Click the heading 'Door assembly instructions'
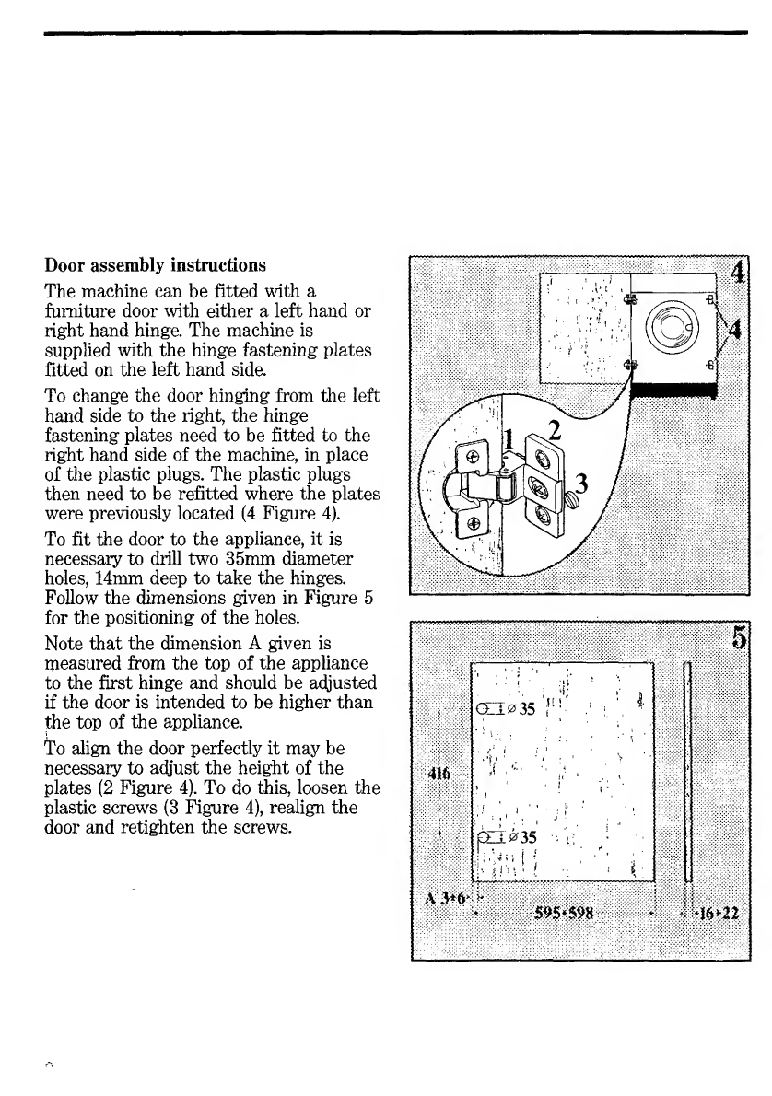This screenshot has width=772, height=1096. (156, 265)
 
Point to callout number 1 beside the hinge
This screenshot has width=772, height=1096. (509, 439)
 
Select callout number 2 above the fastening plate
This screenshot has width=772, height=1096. (555, 430)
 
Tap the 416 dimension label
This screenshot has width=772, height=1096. (439, 773)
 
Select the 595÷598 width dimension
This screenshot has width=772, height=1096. (564, 912)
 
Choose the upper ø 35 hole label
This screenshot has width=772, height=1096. (521, 709)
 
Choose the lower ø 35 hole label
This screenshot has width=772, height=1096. (522, 836)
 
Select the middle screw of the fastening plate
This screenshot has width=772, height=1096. (538, 484)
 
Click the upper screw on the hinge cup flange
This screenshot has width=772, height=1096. (473, 457)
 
